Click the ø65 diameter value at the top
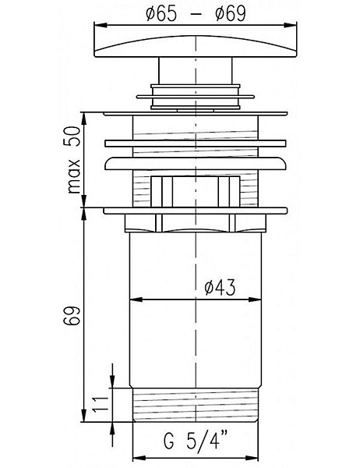tap(161, 14)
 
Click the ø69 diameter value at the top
tap(231, 14)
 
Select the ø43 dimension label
tap(220, 287)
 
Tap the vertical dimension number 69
tap(72, 315)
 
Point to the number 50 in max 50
tap(72, 136)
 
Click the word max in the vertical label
tap(74, 176)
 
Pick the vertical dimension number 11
tap(101, 404)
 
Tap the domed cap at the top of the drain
tap(196, 47)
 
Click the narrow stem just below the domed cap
tap(196, 71)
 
